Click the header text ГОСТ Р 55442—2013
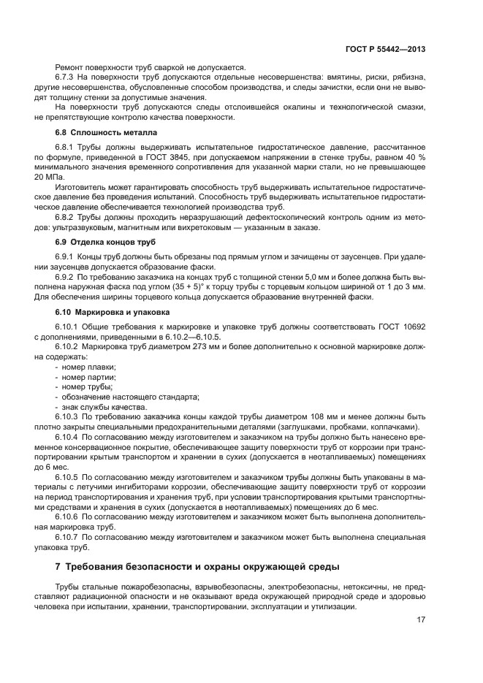(385, 50)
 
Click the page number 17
(421, 620)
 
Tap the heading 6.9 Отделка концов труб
(105, 241)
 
